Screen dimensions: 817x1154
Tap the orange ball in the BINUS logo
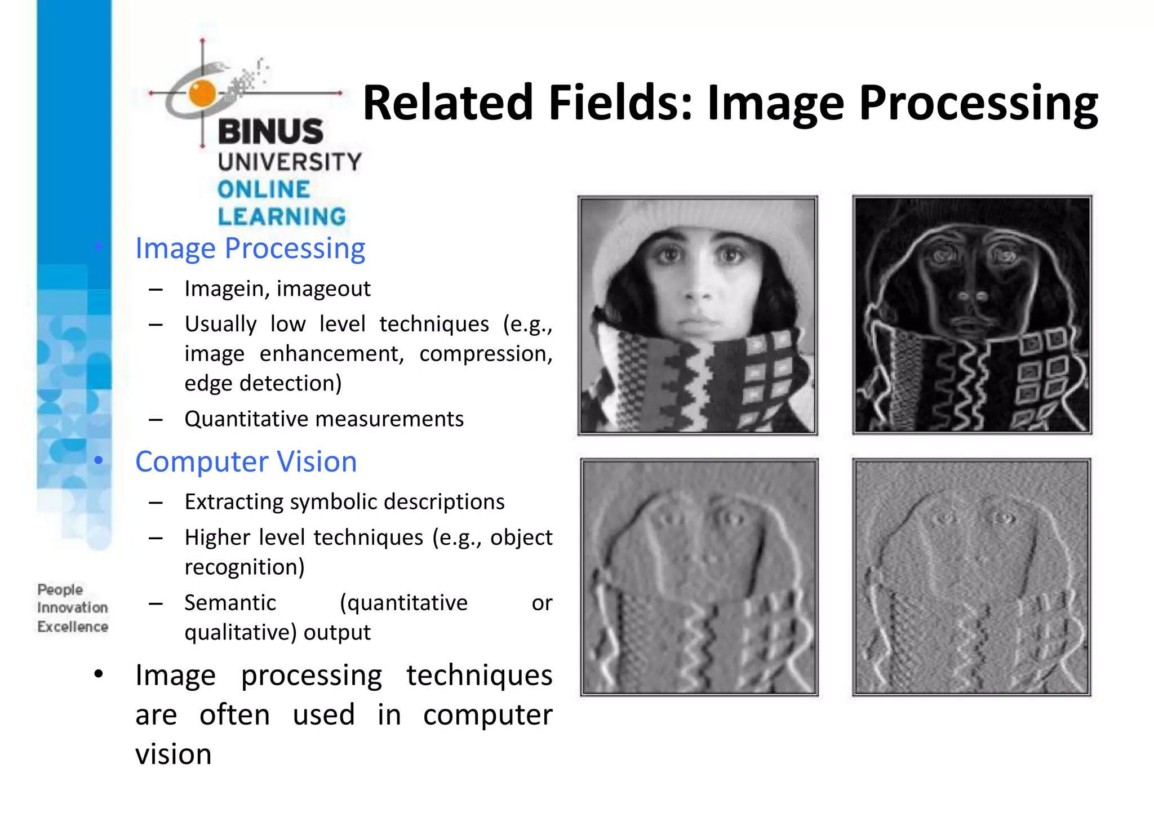tap(202, 93)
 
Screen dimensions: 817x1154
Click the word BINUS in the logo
tap(270, 132)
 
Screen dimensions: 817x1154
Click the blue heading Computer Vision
tap(246, 462)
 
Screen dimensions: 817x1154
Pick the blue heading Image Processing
tap(250, 248)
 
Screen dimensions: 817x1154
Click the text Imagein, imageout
tap(277, 288)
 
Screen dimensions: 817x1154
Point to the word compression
tap(486, 354)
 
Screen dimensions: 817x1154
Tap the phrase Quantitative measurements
tap(324, 419)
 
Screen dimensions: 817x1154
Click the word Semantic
tap(230, 603)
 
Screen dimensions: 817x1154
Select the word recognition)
tap(245, 567)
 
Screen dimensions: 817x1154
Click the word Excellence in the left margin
tap(73, 627)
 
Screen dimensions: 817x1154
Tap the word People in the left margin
tap(60, 589)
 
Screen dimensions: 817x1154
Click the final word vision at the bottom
tap(174, 754)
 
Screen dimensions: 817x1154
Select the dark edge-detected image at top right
tap(972, 315)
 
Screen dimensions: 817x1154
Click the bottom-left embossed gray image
tap(699, 577)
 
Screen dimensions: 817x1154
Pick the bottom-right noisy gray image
tap(971, 577)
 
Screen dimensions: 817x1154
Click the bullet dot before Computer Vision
tap(99, 461)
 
